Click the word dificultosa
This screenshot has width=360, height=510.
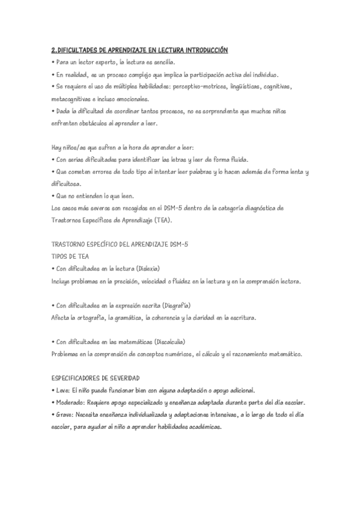70,184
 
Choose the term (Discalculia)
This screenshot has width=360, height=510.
170,342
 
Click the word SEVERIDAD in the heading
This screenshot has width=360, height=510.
121,378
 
